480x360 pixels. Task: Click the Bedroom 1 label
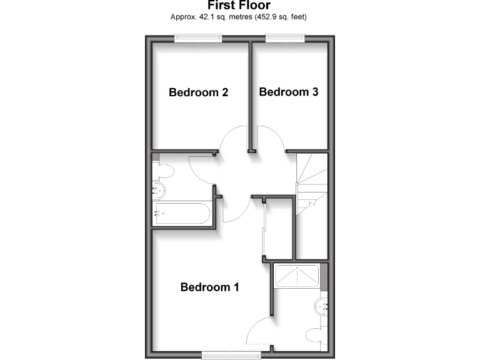(x=209, y=287)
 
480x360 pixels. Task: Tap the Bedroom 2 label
(x=198, y=92)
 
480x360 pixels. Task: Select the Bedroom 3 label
(x=289, y=92)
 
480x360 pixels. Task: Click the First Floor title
(x=239, y=6)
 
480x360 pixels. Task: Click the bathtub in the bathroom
(x=182, y=213)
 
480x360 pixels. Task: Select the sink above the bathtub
(x=158, y=191)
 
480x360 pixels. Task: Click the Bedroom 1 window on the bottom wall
(x=231, y=355)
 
